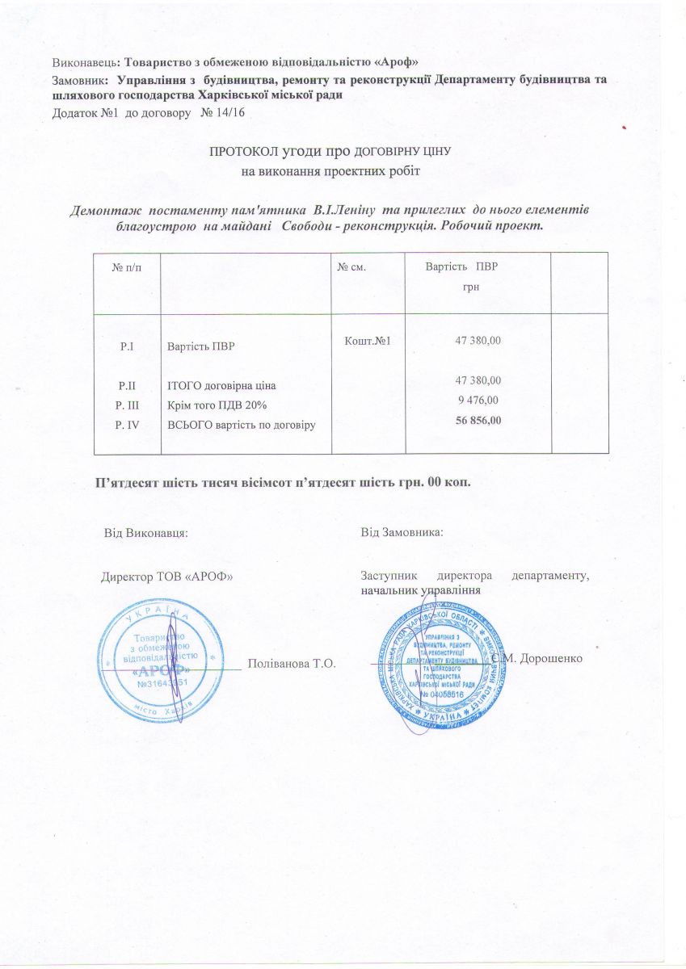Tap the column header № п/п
pyautogui.click(x=124, y=267)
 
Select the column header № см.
pyautogui.click(x=354, y=267)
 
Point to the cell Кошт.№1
pyautogui.click(x=368, y=341)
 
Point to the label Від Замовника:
pyautogui.click(x=402, y=533)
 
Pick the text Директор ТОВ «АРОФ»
pyautogui.click(x=166, y=577)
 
